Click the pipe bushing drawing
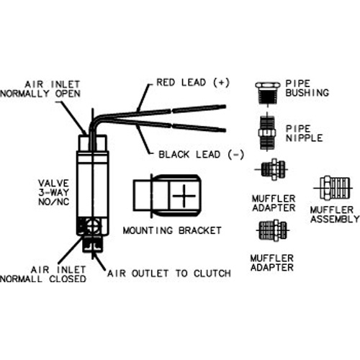(268, 93)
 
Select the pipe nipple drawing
(267, 132)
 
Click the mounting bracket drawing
(167, 196)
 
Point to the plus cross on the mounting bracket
(184, 196)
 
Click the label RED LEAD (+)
(193, 82)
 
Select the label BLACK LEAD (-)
(201, 155)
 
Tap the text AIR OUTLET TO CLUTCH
(169, 274)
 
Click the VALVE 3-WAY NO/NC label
(54, 192)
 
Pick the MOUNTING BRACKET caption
(172, 230)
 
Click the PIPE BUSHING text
(307, 88)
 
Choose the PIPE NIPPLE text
(304, 133)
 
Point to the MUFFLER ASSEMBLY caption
(335, 215)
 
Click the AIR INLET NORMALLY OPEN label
(40, 89)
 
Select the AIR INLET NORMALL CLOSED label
(43, 274)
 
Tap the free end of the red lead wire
(225, 107)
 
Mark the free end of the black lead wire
(225, 130)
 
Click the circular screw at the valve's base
(92, 226)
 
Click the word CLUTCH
(212, 274)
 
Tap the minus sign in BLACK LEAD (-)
(236, 155)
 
